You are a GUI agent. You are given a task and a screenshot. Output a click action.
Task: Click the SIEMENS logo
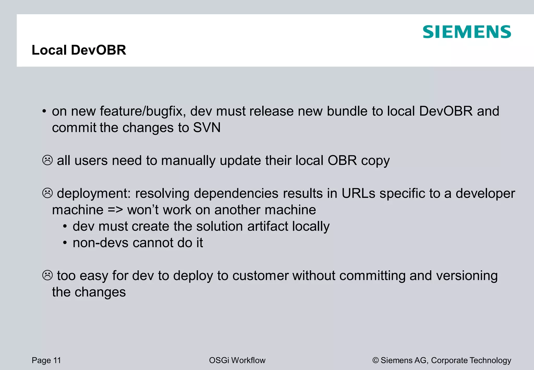pos(467,32)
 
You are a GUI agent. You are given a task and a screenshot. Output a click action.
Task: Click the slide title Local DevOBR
pos(79,50)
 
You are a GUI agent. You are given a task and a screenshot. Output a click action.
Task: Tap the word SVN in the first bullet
pos(207,128)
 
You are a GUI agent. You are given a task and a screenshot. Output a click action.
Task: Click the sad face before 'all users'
pos(47,160)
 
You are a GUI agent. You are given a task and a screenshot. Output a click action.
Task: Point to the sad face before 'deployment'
pos(47,193)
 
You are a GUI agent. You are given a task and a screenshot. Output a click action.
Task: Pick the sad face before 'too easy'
pos(47,275)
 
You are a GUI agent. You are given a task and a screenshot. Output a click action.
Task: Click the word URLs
pos(358,194)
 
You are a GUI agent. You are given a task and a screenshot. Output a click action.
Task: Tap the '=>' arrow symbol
pos(115,210)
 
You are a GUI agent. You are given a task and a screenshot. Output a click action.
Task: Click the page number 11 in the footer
pos(57,360)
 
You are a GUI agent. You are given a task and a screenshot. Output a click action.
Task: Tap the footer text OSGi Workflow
pos(237,360)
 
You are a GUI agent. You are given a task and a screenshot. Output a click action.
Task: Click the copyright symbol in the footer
pos(375,360)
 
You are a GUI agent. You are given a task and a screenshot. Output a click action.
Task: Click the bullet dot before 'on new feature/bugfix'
pos(44,112)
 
